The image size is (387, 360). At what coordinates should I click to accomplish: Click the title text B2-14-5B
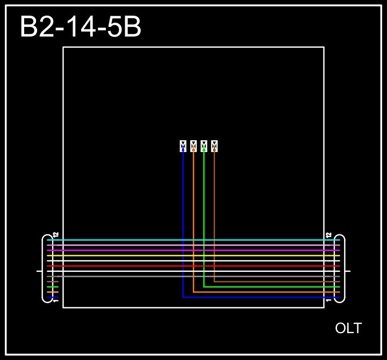(x=81, y=27)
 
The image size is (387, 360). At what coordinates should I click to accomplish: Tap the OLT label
(x=348, y=328)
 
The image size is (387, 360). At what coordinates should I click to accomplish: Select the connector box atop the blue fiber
(x=183, y=146)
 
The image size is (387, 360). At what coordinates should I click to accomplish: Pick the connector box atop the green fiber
(x=204, y=146)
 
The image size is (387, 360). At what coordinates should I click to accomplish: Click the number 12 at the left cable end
(x=56, y=235)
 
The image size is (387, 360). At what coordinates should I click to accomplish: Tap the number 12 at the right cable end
(x=329, y=235)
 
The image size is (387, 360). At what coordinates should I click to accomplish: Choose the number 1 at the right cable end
(x=329, y=301)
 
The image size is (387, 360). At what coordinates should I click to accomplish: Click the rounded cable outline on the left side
(x=43, y=269)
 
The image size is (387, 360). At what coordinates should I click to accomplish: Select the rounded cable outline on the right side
(x=344, y=269)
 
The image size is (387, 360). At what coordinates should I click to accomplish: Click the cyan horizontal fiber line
(x=134, y=240)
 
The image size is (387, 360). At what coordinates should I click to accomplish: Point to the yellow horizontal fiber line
(x=134, y=255)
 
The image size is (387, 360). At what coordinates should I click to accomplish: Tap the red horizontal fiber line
(x=134, y=266)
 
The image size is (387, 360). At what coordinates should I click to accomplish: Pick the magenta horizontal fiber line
(x=134, y=250)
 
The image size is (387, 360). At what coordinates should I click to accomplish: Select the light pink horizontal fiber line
(x=134, y=245)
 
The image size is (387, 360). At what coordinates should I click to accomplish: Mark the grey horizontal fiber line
(x=134, y=276)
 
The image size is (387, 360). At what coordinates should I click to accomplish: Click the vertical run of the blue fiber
(x=183, y=215)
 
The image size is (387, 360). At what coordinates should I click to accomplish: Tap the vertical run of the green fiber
(x=204, y=215)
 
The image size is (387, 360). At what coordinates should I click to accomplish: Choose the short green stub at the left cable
(x=53, y=287)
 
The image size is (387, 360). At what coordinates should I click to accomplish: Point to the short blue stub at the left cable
(x=53, y=297)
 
